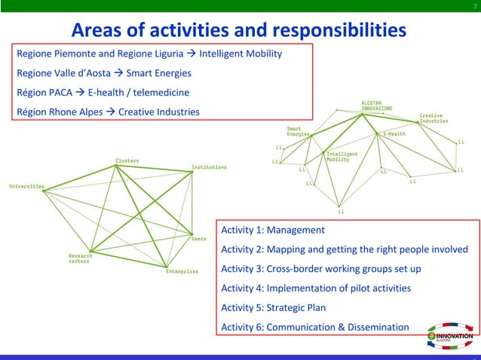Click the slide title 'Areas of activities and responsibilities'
click(238, 30)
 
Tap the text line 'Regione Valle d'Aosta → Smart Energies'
click(103, 74)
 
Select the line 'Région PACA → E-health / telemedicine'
click(103, 93)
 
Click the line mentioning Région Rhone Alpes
click(108, 112)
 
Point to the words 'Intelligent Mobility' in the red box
click(240, 54)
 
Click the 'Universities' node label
click(26, 186)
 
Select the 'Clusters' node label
click(127, 160)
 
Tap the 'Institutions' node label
click(209, 167)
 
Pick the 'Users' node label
click(198, 239)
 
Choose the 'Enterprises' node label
click(182, 271)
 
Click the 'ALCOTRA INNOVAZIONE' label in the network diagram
click(376, 105)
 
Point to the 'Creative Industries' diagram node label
click(434, 118)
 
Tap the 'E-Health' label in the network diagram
click(394, 134)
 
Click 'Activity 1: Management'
click(272, 230)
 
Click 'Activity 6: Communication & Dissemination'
click(314, 327)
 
